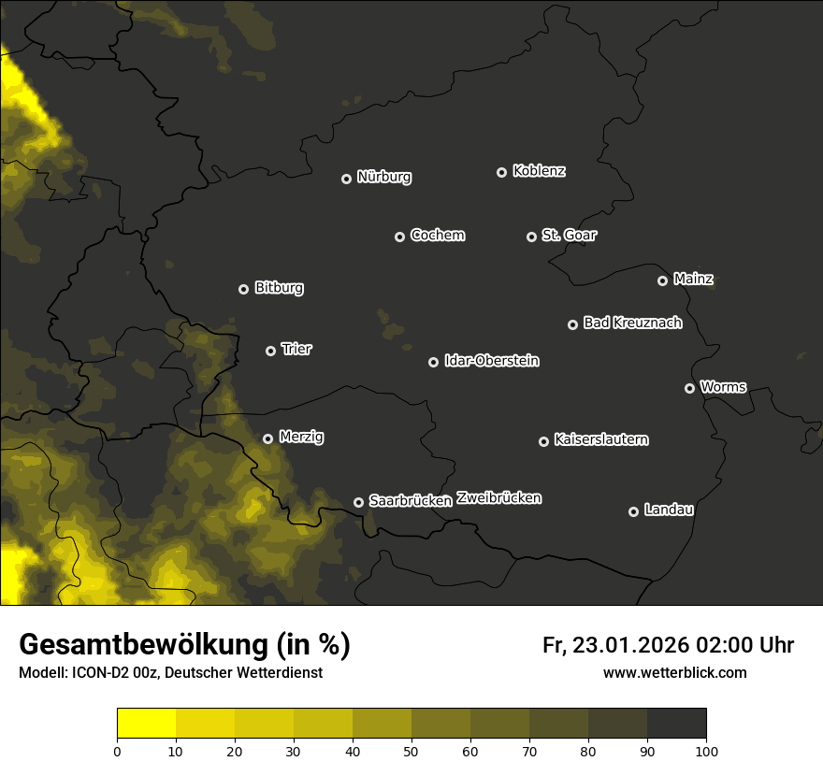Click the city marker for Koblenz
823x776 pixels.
point(501,172)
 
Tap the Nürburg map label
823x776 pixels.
point(384,177)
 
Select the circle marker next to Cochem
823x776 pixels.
point(399,237)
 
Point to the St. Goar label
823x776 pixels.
point(569,235)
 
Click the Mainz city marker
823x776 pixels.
point(662,280)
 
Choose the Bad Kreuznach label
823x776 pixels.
point(632,323)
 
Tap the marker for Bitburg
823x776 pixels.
point(243,289)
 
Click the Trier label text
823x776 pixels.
point(296,349)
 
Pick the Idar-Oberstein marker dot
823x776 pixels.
point(433,362)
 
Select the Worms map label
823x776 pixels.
point(723,386)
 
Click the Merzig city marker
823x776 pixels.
point(267,438)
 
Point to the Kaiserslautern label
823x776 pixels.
point(600,439)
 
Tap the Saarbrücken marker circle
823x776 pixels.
point(358,502)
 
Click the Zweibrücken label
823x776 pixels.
point(498,498)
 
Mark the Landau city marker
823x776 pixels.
point(633,511)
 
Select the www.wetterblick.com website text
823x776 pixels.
point(674,672)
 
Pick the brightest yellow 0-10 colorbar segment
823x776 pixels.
point(147,724)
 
